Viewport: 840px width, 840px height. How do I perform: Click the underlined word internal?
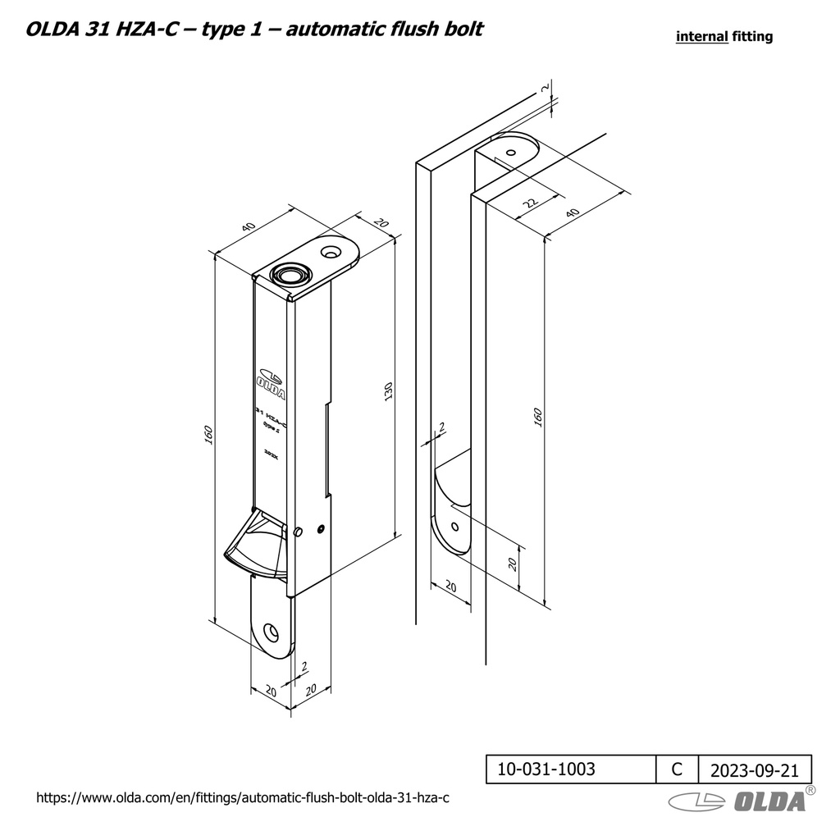point(701,36)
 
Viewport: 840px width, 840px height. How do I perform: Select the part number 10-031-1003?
point(546,769)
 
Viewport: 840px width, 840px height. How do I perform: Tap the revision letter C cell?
point(677,769)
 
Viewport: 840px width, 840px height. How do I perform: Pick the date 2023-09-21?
point(754,770)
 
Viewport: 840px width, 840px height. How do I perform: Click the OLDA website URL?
point(245,797)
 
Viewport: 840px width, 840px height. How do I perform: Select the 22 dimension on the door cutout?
point(529,202)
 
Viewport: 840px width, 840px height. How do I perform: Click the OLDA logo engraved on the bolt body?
point(272,382)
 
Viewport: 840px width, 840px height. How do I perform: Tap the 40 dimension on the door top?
point(573,212)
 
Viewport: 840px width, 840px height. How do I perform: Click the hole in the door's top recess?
point(511,153)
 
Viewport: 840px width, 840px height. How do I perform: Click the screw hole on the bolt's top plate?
point(331,251)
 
